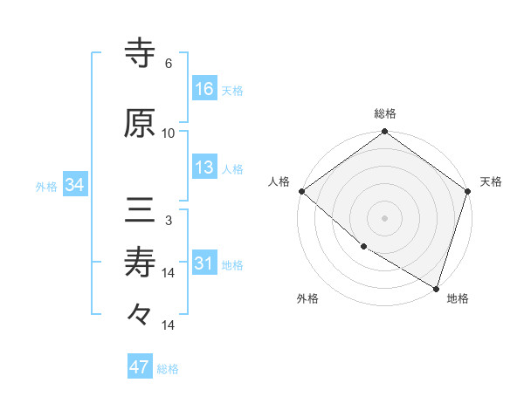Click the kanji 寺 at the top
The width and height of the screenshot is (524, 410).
[140, 54]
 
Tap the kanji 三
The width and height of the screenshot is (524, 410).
[140, 210]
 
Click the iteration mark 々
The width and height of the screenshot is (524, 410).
[140, 315]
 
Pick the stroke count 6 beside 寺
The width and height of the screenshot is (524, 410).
[169, 64]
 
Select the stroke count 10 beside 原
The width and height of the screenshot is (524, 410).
[169, 133]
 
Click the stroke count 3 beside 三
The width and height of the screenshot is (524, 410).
[169, 221]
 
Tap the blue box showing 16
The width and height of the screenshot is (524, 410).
[204, 89]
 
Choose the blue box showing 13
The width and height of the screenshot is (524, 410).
[204, 167]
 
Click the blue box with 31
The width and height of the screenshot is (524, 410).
[204, 263]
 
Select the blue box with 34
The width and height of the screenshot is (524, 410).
[74, 184]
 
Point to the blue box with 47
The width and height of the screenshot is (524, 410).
[140, 367]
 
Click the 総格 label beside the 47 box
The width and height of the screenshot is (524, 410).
[169, 369]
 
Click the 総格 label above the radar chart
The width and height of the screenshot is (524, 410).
[385, 114]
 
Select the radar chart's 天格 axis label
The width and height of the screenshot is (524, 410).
[491, 181]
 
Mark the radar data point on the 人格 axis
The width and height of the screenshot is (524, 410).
[301, 191]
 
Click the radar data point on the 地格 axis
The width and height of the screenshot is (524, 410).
[436, 287]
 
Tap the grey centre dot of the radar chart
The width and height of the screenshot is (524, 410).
[385, 217]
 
